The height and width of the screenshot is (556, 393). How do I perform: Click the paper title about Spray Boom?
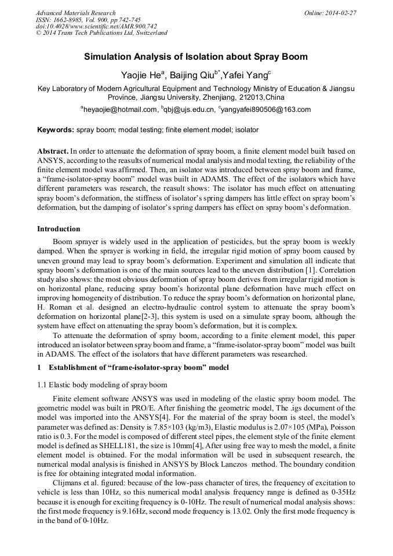196,57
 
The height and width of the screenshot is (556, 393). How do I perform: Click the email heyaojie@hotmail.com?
120,109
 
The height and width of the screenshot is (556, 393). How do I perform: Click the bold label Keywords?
56,130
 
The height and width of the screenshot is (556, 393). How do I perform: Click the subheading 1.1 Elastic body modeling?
102,385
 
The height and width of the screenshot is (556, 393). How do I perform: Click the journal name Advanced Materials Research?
75,13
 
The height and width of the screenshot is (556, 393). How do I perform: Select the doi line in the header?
96,26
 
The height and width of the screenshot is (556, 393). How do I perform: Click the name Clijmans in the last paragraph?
68,491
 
